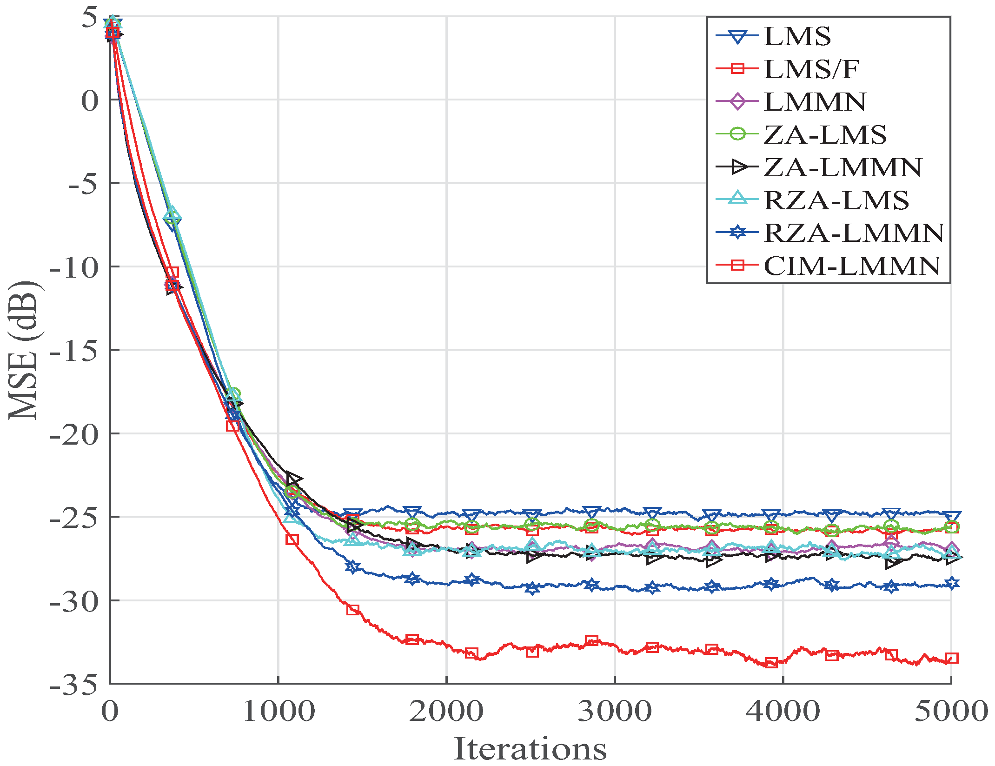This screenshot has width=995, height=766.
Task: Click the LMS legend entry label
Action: point(797,36)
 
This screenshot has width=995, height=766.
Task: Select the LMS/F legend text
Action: point(811,69)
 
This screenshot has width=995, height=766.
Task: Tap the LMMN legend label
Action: point(815,102)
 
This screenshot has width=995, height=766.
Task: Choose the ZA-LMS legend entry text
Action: point(825,135)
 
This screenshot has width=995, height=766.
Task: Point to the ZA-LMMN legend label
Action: point(842,167)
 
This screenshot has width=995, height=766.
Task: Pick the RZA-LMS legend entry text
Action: point(836,200)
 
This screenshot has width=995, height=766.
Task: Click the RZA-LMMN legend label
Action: point(854,233)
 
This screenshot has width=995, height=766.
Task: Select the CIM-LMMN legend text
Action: point(852,266)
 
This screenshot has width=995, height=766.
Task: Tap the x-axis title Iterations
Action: point(530,749)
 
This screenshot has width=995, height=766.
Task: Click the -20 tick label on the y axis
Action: point(74,434)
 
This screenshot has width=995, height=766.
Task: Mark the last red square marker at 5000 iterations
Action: point(952,658)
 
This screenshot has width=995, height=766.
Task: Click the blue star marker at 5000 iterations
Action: point(952,583)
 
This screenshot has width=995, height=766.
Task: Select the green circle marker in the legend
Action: point(737,134)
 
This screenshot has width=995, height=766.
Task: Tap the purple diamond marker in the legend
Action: point(737,102)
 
